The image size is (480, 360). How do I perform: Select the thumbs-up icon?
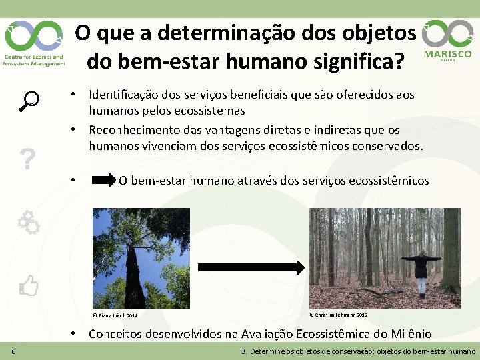pyautogui.click(x=29, y=286)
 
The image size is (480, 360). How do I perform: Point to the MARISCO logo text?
pyautogui.click(x=447, y=54)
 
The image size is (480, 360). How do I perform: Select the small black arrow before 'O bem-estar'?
pyautogui.click(x=103, y=180)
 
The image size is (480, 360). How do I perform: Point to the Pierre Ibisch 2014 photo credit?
pyautogui.click(x=115, y=315)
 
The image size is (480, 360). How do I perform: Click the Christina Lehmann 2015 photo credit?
pyautogui.click(x=339, y=315)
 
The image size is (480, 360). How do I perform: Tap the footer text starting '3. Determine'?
pyautogui.click(x=359, y=351)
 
